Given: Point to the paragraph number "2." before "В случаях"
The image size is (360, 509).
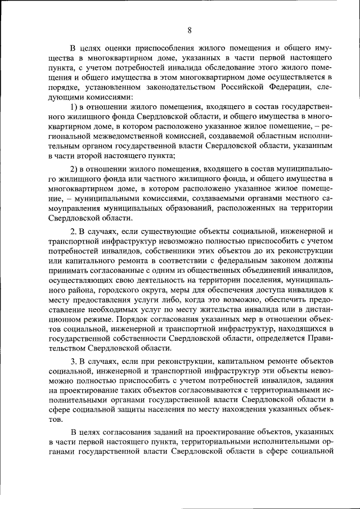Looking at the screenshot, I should (73, 232).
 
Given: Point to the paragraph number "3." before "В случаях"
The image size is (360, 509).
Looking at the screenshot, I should (73, 359).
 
